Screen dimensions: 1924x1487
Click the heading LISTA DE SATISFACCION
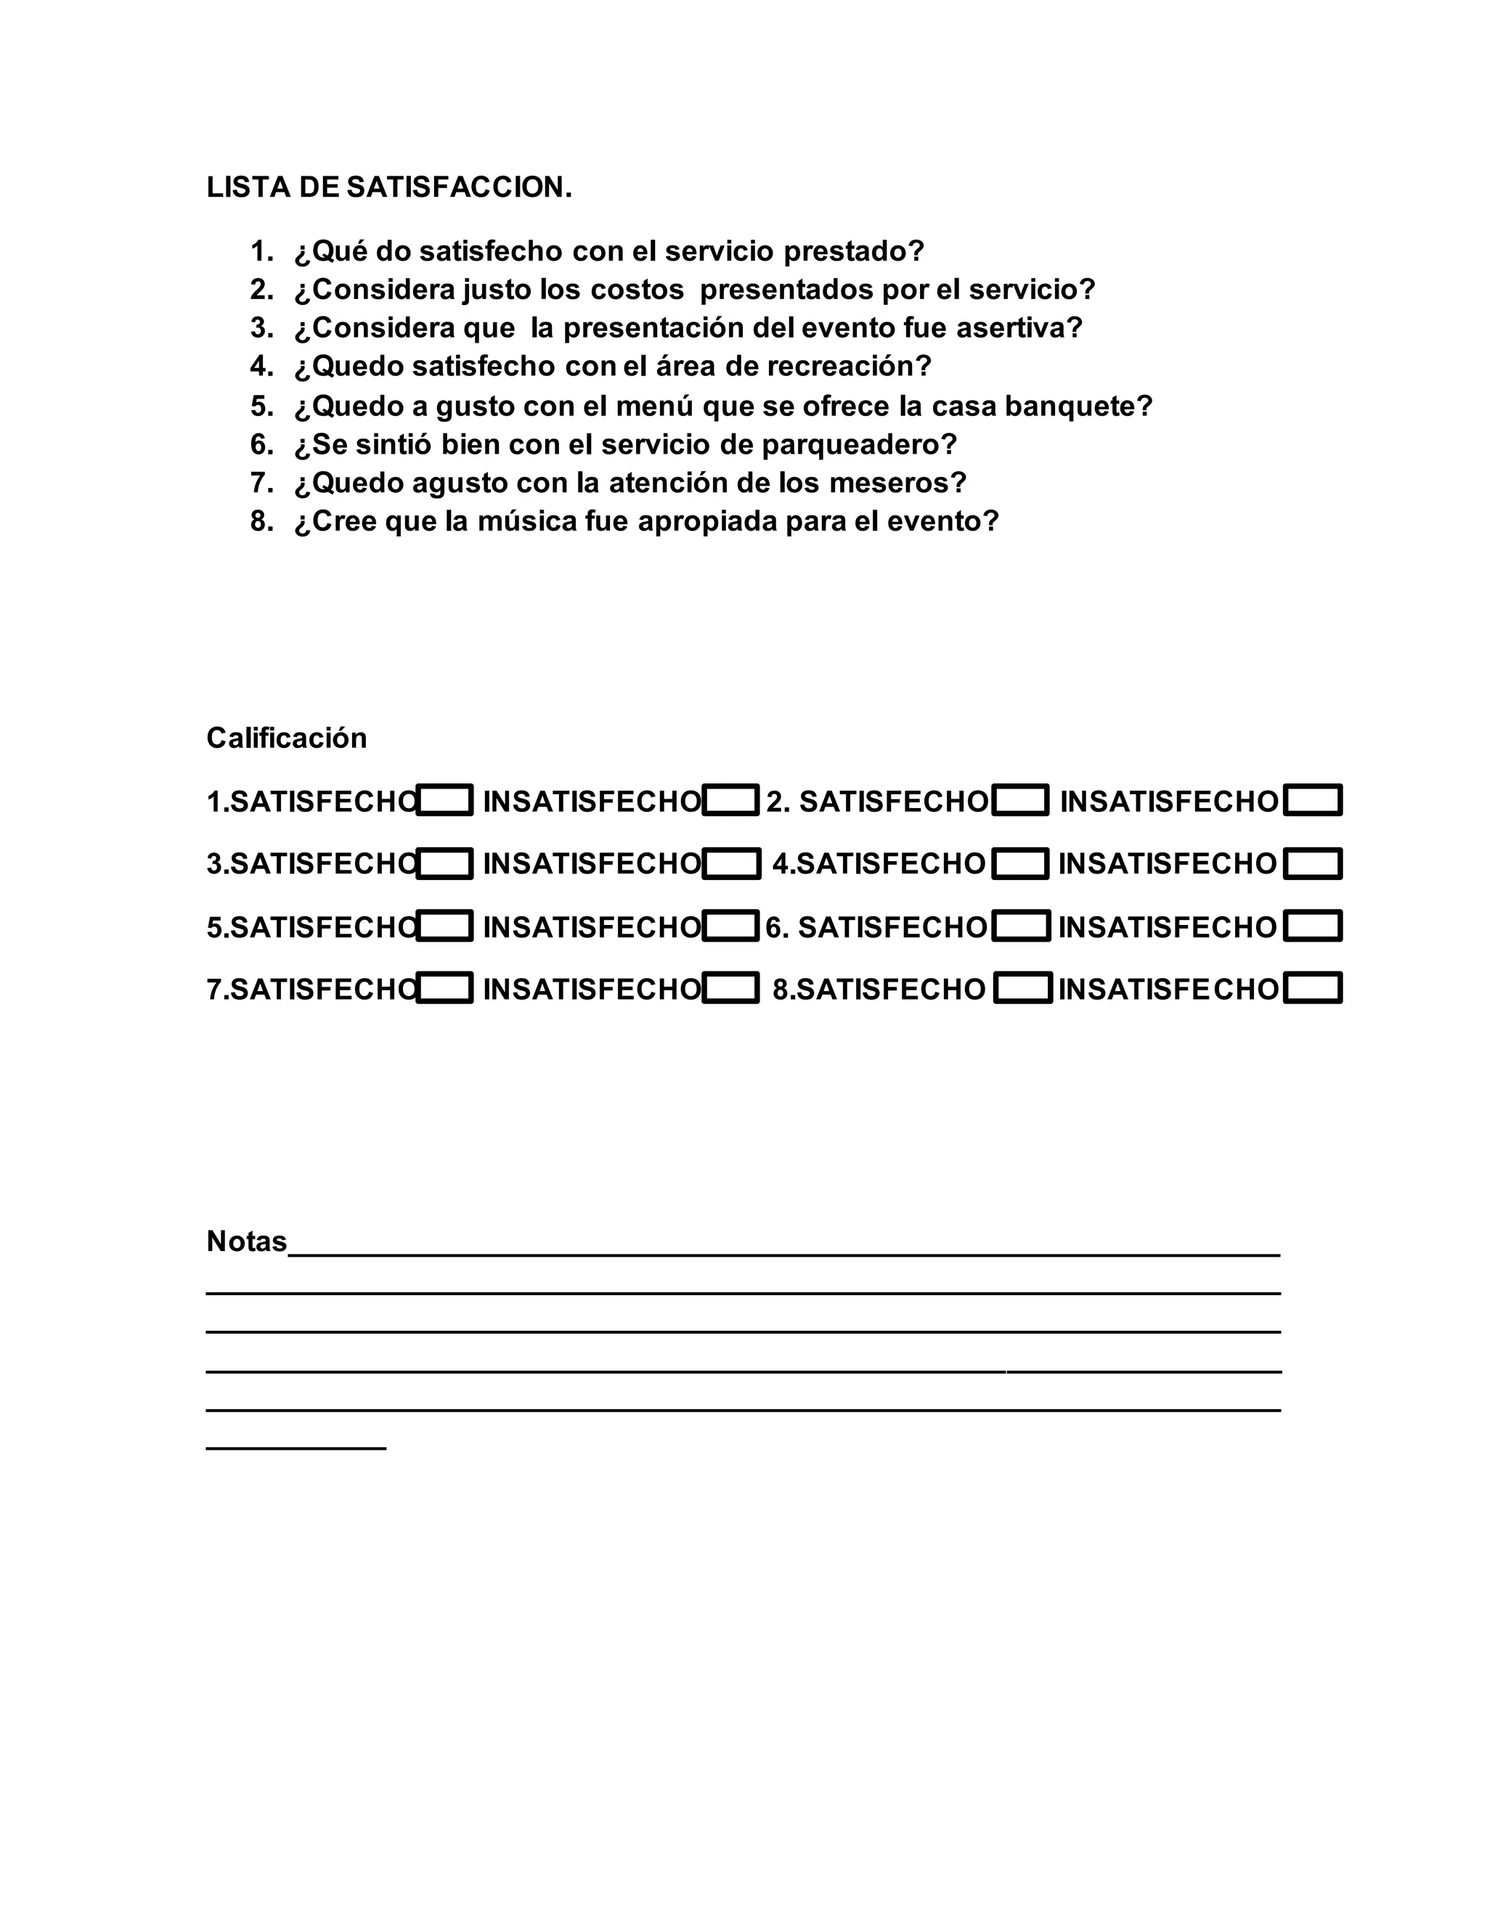388,187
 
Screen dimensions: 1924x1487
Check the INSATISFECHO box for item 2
1312,801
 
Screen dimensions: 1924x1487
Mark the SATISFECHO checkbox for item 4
1020,864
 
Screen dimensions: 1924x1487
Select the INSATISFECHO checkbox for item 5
730,926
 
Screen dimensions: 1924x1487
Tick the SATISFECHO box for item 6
1020,926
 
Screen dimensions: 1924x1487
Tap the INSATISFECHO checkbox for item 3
730,864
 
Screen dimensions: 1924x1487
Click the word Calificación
286,738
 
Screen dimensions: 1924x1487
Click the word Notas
247,1242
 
